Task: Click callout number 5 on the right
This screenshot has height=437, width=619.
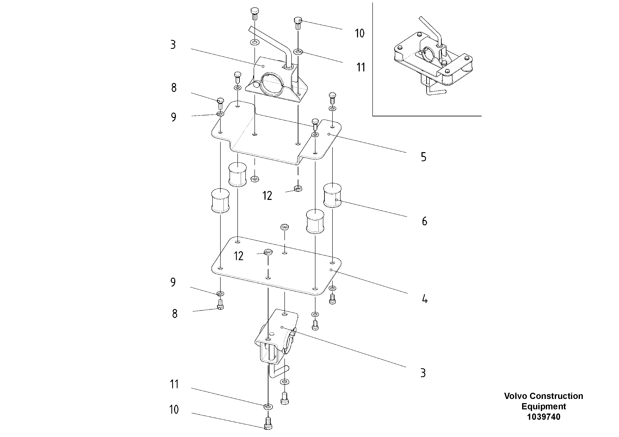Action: click(423, 157)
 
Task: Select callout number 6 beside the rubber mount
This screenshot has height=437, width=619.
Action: click(424, 222)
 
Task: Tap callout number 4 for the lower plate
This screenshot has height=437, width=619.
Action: click(425, 299)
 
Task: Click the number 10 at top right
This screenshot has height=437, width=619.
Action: click(359, 34)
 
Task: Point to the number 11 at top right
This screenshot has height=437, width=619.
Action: click(361, 68)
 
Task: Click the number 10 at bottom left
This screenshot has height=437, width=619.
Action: click(174, 410)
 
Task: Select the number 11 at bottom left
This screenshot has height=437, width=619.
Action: click(174, 384)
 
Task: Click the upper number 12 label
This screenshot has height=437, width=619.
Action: click(267, 196)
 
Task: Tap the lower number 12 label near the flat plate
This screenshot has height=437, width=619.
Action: click(238, 256)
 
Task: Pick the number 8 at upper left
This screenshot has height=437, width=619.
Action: click(174, 88)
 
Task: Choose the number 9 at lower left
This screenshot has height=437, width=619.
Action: click(173, 282)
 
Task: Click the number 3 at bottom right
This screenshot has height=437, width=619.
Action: click(423, 373)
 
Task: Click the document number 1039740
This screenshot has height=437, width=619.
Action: click(544, 417)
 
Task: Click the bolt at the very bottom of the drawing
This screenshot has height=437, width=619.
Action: click(268, 423)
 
